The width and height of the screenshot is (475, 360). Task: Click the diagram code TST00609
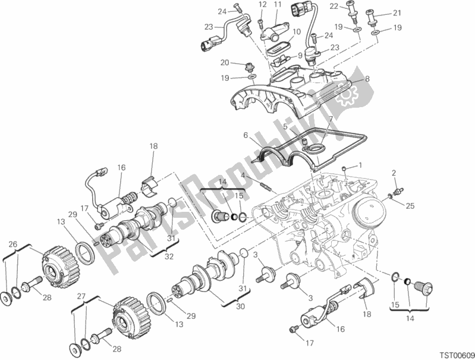pos(457,355)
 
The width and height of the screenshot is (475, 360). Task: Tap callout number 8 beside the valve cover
pos(367,79)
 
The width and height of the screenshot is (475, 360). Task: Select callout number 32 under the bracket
pos(169,256)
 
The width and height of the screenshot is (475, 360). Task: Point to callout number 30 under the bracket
pos(240,306)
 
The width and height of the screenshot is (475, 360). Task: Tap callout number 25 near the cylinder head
pos(410,206)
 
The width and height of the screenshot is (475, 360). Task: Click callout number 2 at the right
pos(394,173)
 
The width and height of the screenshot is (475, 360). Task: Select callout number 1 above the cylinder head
pos(360,165)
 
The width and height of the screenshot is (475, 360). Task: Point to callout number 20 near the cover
pos(225,63)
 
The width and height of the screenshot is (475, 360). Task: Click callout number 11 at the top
pos(278,5)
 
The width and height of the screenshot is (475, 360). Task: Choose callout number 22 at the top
pos(334,6)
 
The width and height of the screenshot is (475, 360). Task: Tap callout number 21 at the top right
pos(397,12)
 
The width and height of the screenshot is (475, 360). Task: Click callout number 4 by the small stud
pos(243,175)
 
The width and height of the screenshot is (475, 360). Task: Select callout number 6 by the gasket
pos(246,135)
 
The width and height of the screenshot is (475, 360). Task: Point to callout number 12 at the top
pos(262,5)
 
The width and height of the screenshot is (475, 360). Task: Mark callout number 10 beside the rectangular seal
pos(297,32)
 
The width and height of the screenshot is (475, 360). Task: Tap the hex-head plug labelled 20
pos(251,67)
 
